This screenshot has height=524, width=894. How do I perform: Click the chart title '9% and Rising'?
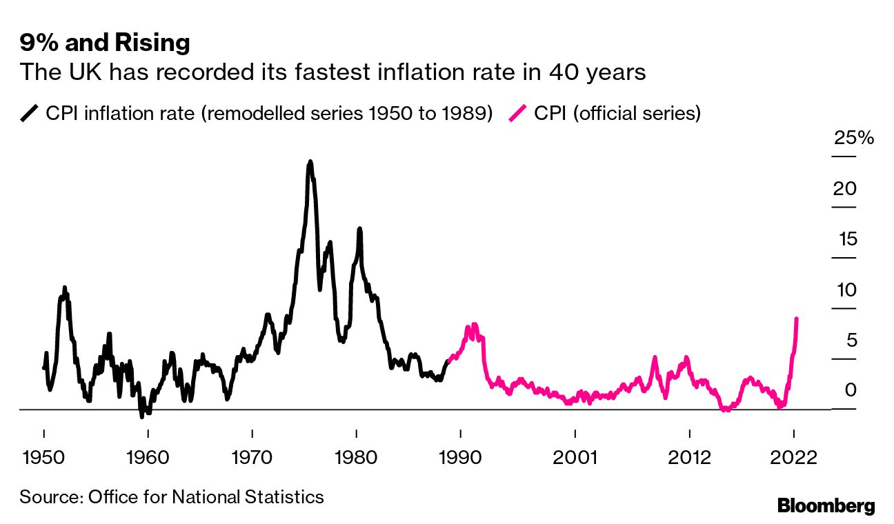[x=104, y=43]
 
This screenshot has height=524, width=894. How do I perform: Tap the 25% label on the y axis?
[x=853, y=138]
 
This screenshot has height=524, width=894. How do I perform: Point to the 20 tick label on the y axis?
[x=844, y=188]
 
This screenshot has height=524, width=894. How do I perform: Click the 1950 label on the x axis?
[x=44, y=458]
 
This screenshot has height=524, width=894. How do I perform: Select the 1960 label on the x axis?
[x=148, y=458]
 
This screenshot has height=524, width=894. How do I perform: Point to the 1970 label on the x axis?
[x=252, y=458]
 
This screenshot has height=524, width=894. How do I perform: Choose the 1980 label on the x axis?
[x=356, y=458]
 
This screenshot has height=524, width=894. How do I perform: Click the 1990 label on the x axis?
[x=460, y=458]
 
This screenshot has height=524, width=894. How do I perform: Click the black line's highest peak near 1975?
[x=310, y=162]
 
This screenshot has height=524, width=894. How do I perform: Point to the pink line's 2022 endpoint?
[x=797, y=319]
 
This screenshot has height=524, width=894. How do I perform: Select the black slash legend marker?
[x=30, y=113]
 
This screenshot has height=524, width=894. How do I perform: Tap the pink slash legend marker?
[x=518, y=113]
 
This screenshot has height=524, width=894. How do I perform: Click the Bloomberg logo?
[x=826, y=505]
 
